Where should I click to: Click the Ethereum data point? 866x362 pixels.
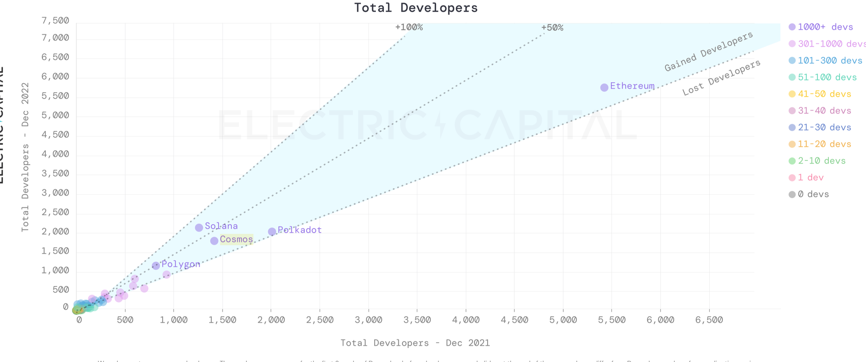pos(604,87)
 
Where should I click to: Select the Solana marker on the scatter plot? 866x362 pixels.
pos(199,227)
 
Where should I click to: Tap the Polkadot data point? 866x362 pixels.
pos(272,232)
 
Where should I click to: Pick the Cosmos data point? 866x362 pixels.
pos(214,241)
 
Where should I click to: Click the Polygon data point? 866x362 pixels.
pos(156,265)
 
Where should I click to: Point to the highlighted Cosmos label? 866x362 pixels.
pos(236,239)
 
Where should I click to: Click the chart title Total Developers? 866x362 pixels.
pos(416,8)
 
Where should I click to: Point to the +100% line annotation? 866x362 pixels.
pos(409,27)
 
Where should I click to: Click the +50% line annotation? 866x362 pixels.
pos(552,28)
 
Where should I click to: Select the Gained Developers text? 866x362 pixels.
pos(709,52)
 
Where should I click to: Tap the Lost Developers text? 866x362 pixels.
pos(721,78)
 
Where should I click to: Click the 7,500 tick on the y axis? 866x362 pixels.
pos(55,21)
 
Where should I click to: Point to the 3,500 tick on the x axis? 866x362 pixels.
pos(417,320)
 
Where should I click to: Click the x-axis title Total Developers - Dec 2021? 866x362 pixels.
pos(415,343)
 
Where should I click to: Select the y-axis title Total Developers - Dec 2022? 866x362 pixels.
pos(25,157)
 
